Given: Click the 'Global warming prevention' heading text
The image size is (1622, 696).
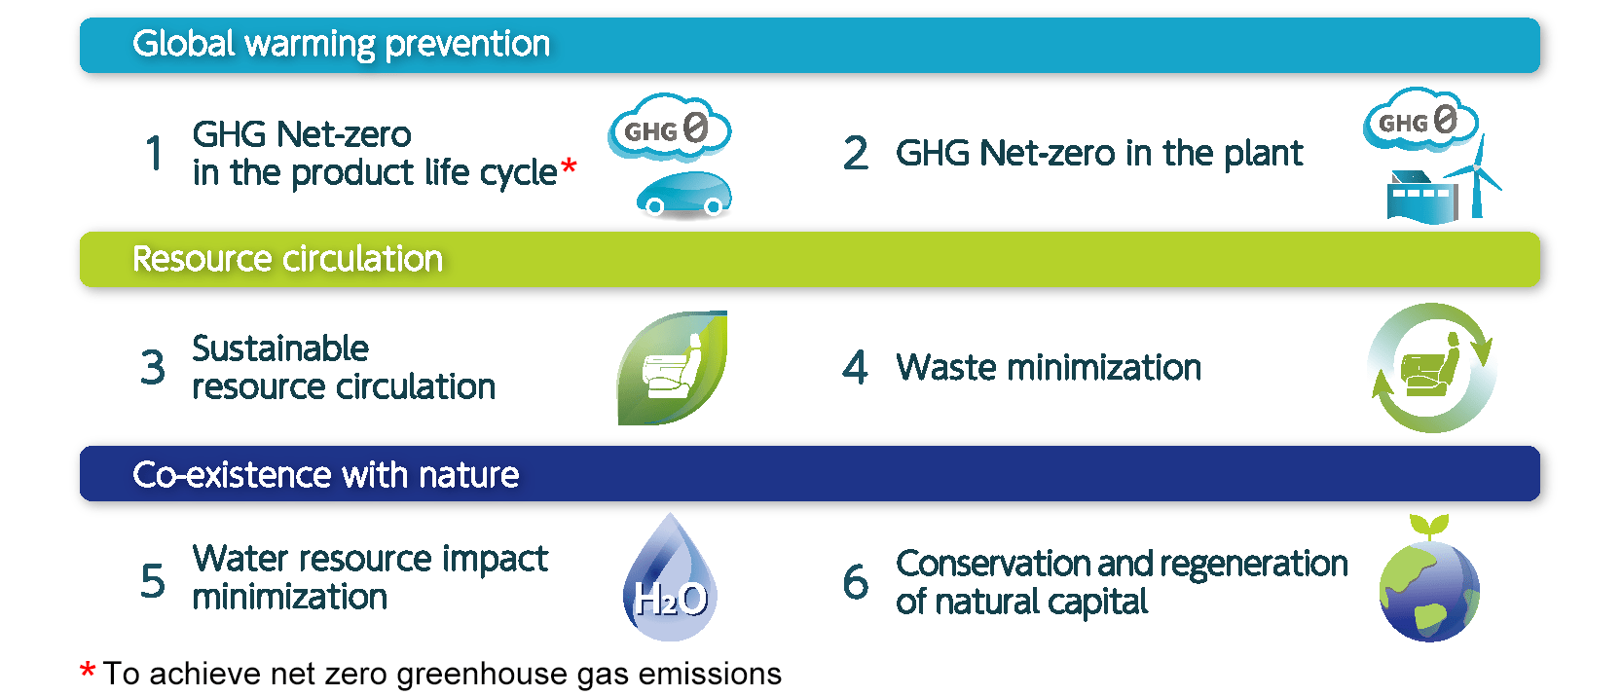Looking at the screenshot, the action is pos(341,44).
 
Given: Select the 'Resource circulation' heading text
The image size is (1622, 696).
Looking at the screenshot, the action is pos(287,259).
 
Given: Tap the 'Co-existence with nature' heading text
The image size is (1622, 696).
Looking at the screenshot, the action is pos(326,475).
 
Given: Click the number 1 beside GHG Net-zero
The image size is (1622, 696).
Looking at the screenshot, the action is pos(154,153).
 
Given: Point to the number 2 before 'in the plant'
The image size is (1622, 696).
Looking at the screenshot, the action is pos(855,153).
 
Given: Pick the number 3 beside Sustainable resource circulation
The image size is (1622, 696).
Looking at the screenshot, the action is pos(153,366).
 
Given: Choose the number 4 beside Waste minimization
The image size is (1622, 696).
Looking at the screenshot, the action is pos(855,366).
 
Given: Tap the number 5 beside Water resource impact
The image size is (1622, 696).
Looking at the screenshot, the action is pos(153,581).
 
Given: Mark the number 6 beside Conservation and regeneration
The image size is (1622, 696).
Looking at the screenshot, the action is pos(855,581).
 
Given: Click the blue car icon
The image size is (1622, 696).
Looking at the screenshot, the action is pos(684,194).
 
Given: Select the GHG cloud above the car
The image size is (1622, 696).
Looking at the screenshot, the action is pos(669,127).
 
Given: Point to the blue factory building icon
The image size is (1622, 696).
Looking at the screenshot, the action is pos(1421,197).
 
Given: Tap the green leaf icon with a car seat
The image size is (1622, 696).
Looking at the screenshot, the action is pos(672,368).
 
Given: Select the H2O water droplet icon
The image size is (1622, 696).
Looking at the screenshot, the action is pos(670,577).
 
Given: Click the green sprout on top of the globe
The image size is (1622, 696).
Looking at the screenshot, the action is pos(1428,527).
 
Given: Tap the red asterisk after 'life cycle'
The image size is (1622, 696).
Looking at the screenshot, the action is pos(570,166).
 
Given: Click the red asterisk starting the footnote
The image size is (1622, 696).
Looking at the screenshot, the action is pos(88,670).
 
